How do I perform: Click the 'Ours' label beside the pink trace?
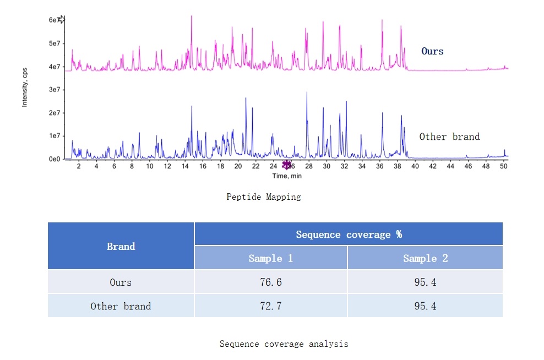[x=432, y=51]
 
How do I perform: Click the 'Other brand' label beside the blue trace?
[x=449, y=137]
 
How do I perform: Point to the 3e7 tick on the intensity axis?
[x=55, y=90]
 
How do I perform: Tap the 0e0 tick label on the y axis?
[x=55, y=159]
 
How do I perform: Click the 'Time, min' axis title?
[x=287, y=176]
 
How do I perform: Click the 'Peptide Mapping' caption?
[x=264, y=197]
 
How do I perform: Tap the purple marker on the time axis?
[x=286, y=165]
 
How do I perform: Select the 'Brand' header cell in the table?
[x=121, y=246]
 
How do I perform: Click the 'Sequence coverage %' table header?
[x=349, y=234]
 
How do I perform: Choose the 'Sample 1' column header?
[x=271, y=258]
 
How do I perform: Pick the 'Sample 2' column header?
[x=425, y=258]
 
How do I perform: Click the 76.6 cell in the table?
[x=271, y=282]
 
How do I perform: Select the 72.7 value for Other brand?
[x=271, y=306]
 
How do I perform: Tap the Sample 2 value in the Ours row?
[x=425, y=282]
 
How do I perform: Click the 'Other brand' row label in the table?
[x=121, y=306]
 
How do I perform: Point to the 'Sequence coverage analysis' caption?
[x=284, y=343]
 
